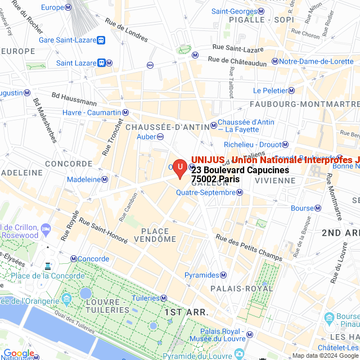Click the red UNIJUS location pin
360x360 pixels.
[x=179, y=168]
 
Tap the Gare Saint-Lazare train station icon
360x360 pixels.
[x=101, y=40]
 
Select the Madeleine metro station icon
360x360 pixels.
[x=105, y=179]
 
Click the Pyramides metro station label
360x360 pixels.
[x=201, y=275]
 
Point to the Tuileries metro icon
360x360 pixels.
[x=164, y=298]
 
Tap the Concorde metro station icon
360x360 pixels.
[x=74, y=259]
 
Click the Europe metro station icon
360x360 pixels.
[x=68, y=7]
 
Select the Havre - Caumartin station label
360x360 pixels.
[x=92, y=112]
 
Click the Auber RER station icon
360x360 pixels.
[x=160, y=136]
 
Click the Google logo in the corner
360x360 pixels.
[x=19, y=353]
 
